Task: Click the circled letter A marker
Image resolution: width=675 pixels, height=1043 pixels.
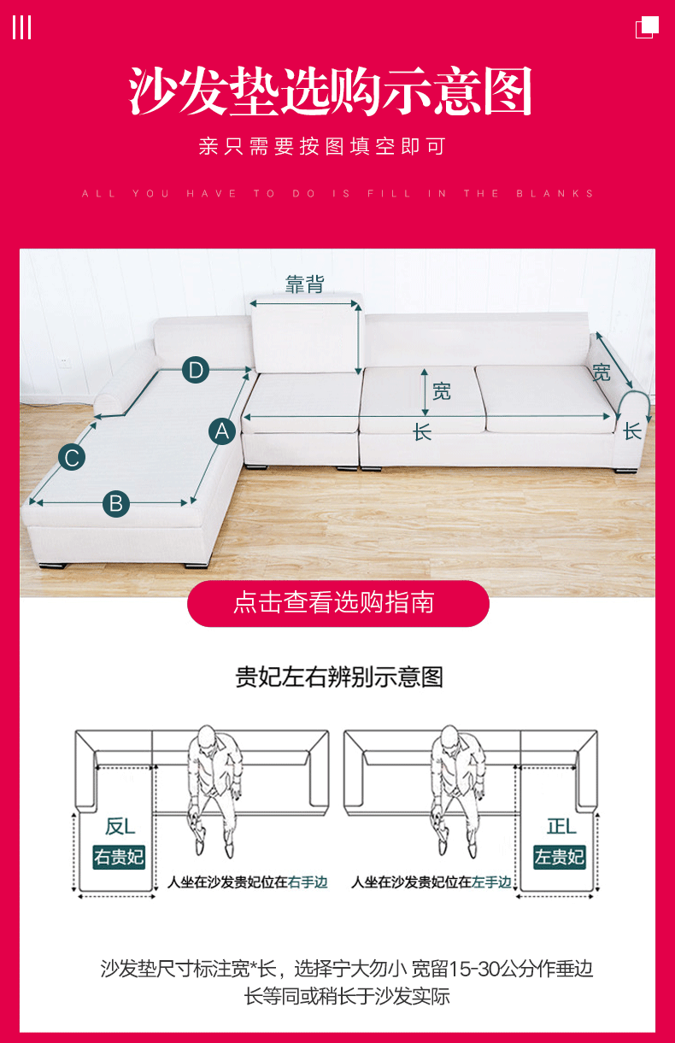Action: click(x=222, y=431)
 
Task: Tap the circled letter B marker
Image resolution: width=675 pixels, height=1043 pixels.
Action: click(x=117, y=503)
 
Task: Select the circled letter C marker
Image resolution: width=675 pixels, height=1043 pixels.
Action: click(x=72, y=458)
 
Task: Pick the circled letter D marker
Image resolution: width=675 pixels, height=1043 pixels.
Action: click(x=196, y=371)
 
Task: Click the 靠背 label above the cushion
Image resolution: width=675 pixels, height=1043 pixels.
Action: click(x=304, y=284)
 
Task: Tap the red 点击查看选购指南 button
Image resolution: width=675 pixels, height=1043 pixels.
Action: click(x=337, y=603)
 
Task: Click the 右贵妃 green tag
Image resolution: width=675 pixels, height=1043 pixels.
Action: click(x=119, y=857)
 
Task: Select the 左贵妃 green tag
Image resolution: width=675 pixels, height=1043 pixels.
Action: click(x=560, y=857)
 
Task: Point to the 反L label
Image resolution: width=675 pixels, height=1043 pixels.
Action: click(x=120, y=826)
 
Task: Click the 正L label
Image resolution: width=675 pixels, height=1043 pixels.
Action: click(x=561, y=826)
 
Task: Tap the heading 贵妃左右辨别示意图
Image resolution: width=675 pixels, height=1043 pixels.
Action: click(x=339, y=677)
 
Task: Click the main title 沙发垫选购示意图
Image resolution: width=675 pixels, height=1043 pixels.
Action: click(x=332, y=92)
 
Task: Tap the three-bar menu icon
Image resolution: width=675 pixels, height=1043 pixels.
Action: click(x=21, y=27)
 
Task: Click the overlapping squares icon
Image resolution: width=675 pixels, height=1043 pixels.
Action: click(x=648, y=27)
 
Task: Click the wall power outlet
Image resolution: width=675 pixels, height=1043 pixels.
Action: click(x=65, y=362)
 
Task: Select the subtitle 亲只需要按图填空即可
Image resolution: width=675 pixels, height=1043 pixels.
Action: click(x=322, y=146)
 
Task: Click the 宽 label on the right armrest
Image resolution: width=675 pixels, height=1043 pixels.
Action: click(x=602, y=372)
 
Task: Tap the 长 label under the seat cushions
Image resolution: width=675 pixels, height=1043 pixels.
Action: click(x=422, y=432)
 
